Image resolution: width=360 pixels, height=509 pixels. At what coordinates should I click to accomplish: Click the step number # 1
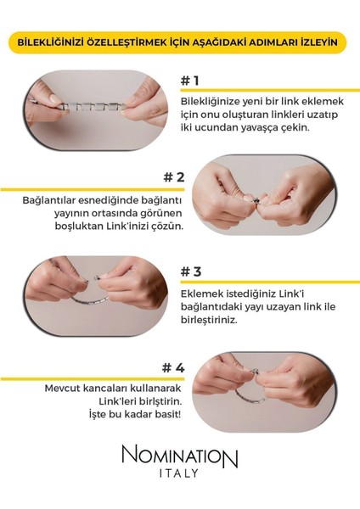click(189, 81)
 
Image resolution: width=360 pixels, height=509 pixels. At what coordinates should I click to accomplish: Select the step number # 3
click(190, 272)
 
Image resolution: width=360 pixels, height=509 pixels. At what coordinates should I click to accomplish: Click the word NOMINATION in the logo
click(180, 459)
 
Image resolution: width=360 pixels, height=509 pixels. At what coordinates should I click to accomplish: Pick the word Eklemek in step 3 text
click(203, 294)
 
